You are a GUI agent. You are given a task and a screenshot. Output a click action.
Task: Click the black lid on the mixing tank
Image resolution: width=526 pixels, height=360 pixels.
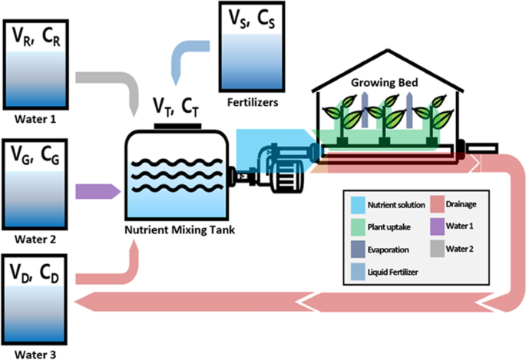(177, 124)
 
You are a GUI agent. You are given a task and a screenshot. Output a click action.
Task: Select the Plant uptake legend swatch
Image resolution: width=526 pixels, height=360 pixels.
(356, 227)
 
